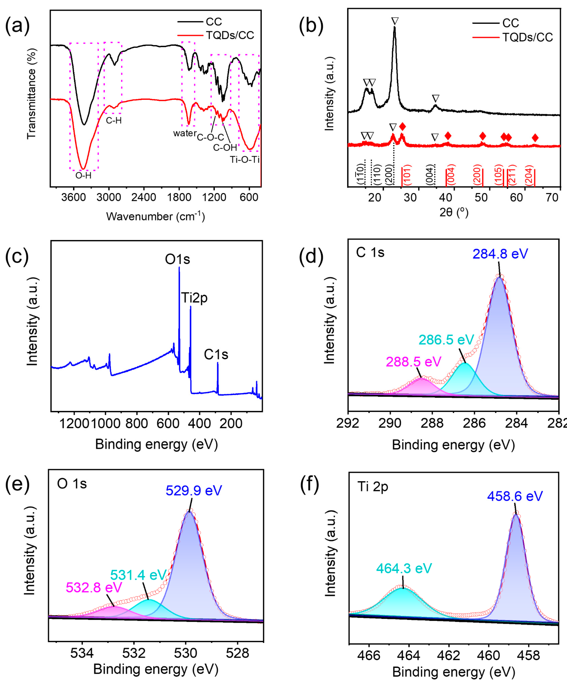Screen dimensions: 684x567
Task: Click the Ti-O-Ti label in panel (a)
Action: coord(245,160)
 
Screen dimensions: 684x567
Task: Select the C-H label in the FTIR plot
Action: coord(114,120)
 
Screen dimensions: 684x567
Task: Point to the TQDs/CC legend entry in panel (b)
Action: coord(527,37)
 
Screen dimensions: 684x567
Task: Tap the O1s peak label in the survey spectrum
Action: coord(178,259)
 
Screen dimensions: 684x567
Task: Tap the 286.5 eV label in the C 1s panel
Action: coord(446,340)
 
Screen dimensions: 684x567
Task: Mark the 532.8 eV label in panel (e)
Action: coord(94,588)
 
